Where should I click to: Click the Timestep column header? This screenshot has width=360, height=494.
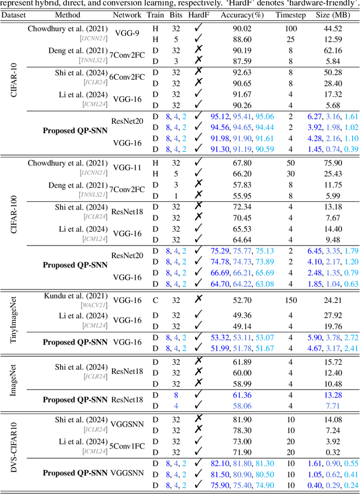point(290,15)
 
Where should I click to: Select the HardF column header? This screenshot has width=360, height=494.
point(197,15)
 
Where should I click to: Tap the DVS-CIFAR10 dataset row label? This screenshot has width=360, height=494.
point(14,450)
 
